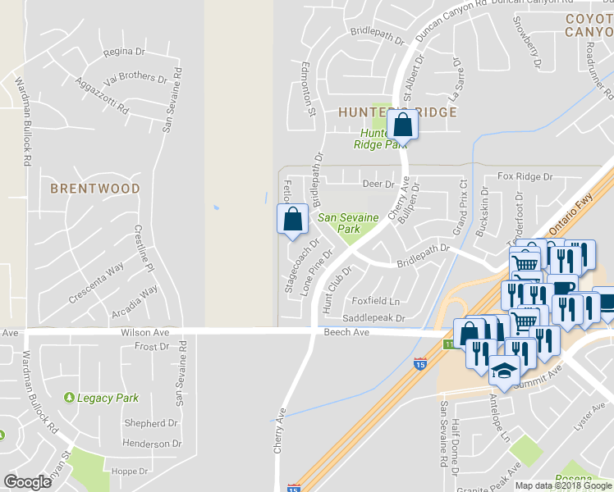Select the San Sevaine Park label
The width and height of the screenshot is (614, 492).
coord(349,223)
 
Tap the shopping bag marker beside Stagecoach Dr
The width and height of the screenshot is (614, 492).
coord(293,220)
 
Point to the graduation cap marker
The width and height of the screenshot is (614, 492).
coord(504,373)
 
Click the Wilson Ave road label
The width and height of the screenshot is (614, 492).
coord(144,333)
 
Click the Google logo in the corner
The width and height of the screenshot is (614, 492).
coord(27,482)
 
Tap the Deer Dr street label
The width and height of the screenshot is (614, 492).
coord(378,184)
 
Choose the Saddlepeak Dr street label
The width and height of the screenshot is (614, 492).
coord(374,318)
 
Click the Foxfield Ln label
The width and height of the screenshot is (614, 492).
coord(375,301)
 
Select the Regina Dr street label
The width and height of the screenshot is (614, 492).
coord(124,52)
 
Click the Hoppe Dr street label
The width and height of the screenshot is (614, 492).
coord(130,471)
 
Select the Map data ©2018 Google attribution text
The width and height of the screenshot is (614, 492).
coord(563,485)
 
